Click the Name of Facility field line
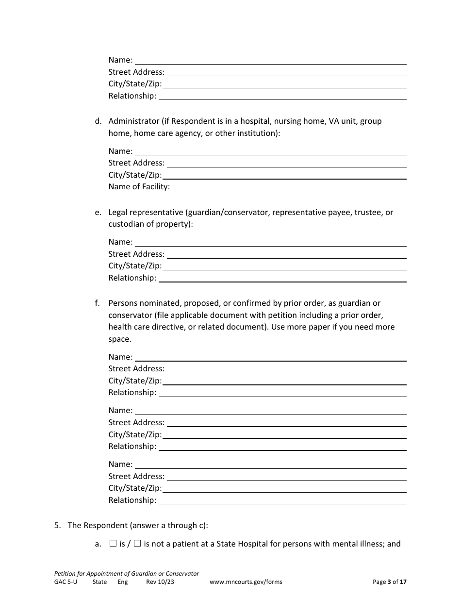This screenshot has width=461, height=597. [x=289, y=187]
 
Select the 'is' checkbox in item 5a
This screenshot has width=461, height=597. [x=113, y=544]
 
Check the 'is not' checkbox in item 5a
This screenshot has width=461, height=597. [x=137, y=544]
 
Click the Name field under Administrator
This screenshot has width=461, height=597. [x=270, y=151]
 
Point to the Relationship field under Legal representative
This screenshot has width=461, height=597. [x=282, y=278]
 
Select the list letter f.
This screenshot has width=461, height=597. [x=97, y=303]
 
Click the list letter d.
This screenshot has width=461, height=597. [x=98, y=121]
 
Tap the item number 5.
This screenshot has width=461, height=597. [x=57, y=525]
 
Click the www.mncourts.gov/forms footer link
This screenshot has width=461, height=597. [x=246, y=582]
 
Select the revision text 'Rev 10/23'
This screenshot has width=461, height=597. [x=160, y=582]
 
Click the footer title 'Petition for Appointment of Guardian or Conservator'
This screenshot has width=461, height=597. [x=127, y=573]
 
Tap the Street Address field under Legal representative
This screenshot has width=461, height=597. [x=286, y=254]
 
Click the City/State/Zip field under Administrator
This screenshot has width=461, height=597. [x=285, y=175]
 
